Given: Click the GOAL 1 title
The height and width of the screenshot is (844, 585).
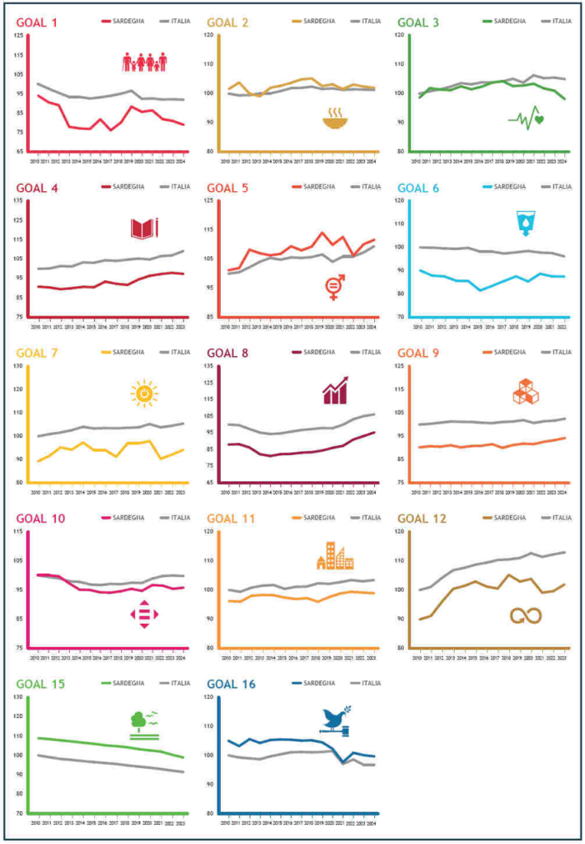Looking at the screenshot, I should [38, 23].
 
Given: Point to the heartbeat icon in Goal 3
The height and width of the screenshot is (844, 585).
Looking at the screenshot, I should [526, 120].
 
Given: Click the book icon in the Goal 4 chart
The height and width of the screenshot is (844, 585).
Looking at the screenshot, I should [144, 227].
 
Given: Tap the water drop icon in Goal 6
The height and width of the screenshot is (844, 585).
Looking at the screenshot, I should [525, 223].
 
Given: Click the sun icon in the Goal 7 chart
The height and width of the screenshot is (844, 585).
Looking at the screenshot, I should [143, 394].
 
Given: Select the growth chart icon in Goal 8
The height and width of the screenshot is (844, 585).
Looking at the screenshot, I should [335, 391].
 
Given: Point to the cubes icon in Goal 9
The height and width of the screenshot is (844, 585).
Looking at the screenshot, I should [526, 391].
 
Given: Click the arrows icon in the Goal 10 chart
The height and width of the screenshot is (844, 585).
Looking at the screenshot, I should [144, 615].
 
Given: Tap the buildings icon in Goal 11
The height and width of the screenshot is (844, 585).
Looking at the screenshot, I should [335, 557].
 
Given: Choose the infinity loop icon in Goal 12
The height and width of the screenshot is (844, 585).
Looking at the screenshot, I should [526, 615].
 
